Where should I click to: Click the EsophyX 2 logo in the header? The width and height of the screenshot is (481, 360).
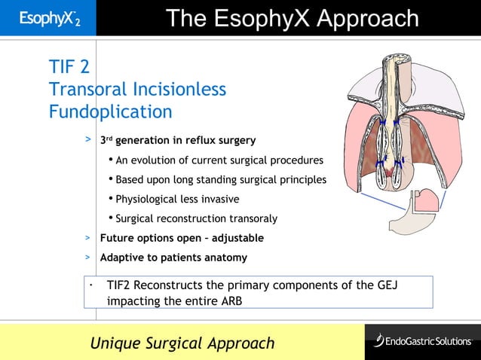pyautogui.click(x=47, y=18)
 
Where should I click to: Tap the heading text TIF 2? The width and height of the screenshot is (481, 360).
pyautogui.click(x=69, y=68)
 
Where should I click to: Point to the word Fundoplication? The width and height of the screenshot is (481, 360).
pyautogui.click(x=110, y=112)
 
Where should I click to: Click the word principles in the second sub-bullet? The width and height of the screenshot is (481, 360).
pyautogui.click(x=301, y=180)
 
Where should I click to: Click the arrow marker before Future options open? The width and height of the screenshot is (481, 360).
pyautogui.click(x=88, y=238)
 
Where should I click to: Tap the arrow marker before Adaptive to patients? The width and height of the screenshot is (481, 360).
pyautogui.click(x=88, y=258)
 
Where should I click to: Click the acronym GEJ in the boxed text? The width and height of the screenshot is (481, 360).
pyautogui.click(x=385, y=285)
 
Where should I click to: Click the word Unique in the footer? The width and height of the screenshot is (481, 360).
pyautogui.click(x=115, y=343)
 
